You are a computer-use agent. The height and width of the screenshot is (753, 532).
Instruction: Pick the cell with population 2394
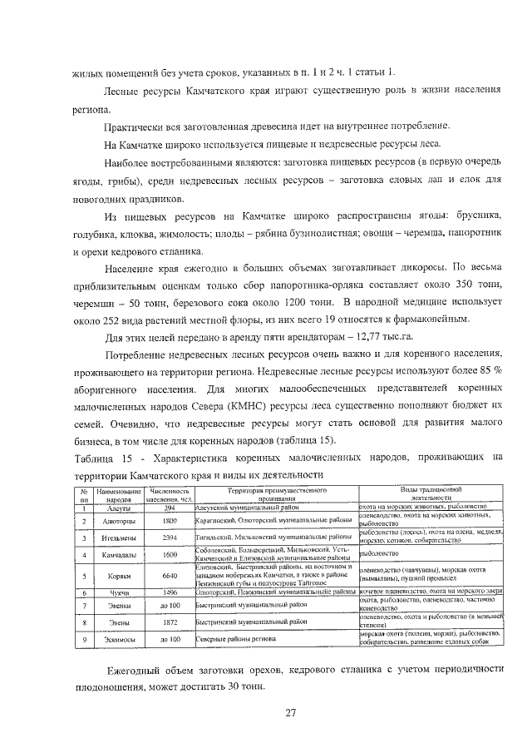click(x=170, y=538)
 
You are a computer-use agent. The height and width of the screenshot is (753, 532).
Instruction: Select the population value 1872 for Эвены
click(x=170, y=622)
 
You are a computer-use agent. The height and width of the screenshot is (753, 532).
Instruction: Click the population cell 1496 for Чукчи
click(x=170, y=592)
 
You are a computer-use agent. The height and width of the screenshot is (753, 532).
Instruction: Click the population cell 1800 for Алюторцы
click(x=170, y=521)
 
